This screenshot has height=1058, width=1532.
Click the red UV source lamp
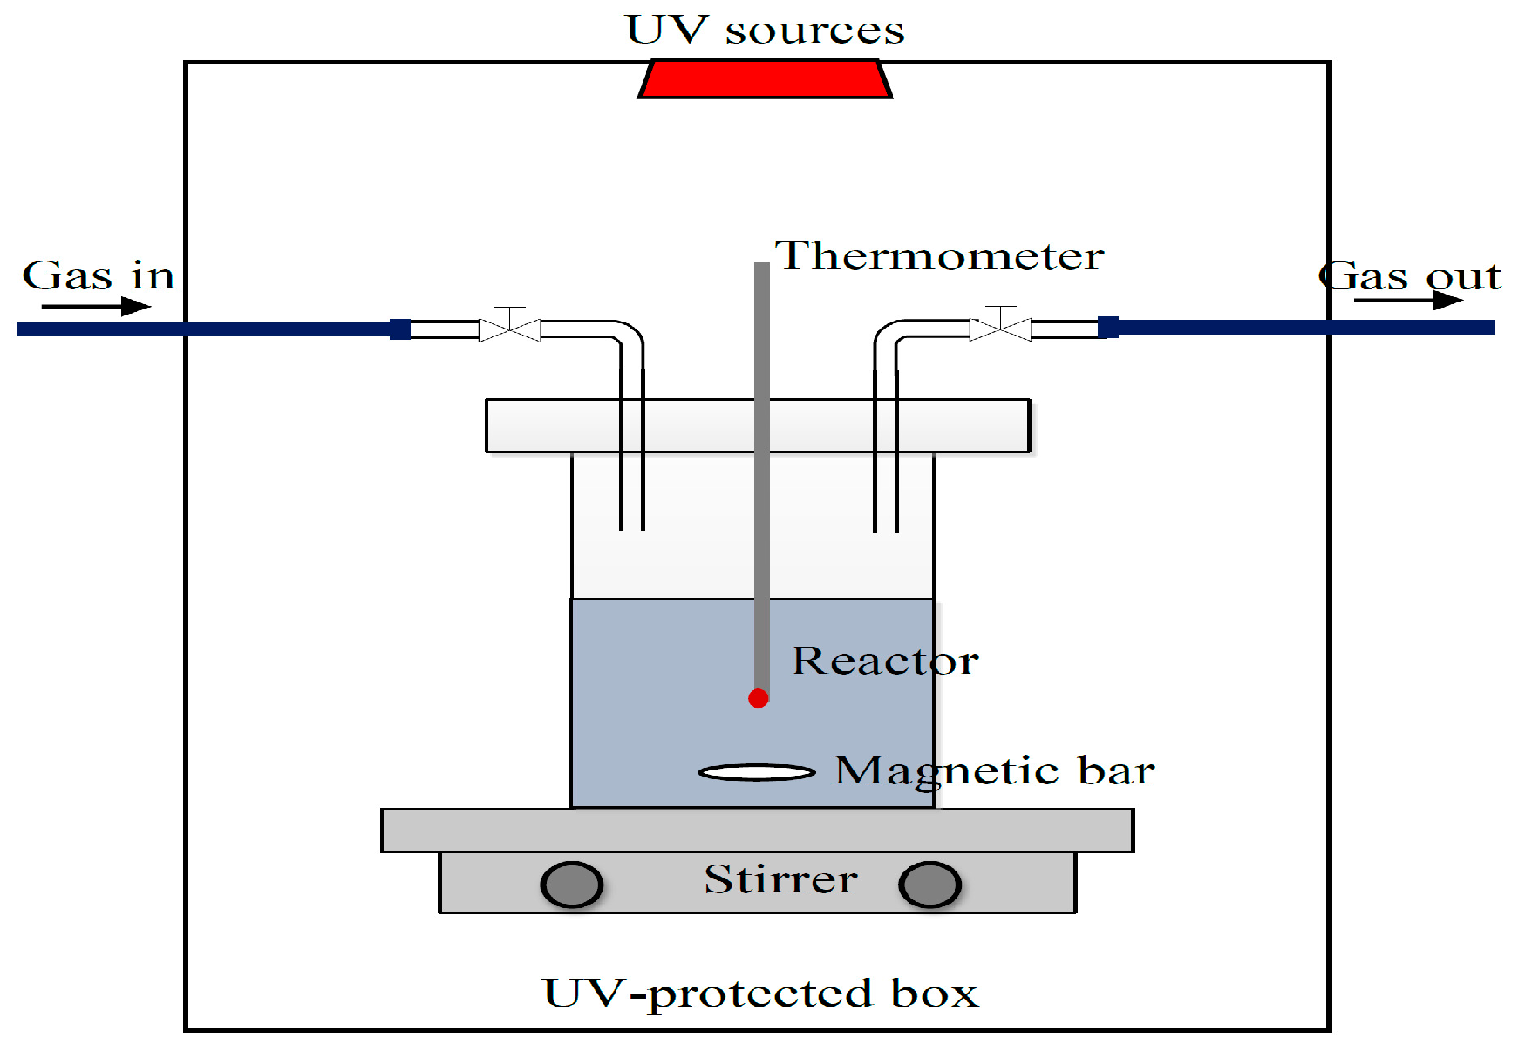coord(765,79)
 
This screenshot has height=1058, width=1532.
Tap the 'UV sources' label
coord(765,31)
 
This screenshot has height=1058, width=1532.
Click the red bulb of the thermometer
coord(758,698)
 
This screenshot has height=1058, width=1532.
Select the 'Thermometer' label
coord(940,257)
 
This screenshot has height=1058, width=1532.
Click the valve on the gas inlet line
coord(510,329)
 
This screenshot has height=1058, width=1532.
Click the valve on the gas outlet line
coord(1000,328)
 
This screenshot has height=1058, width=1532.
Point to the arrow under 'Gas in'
coord(96,306)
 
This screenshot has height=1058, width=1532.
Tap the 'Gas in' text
coord(99,276)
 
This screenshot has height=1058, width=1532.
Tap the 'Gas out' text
coord(1410,277)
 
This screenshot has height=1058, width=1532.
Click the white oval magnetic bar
coord(757,772)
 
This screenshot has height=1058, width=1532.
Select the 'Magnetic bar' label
coord(995,771)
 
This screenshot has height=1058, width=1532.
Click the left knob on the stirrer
coord(571,885)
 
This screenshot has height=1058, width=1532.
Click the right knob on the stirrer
coord(929,885)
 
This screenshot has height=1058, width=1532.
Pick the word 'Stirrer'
coord(780,879)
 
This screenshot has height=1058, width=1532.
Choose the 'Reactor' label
coord(885,661)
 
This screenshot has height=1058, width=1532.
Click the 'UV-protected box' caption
coord(760,994)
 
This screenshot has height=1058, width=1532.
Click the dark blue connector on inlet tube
coord(399,329)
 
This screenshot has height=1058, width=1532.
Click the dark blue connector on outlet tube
coord(1108,328)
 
